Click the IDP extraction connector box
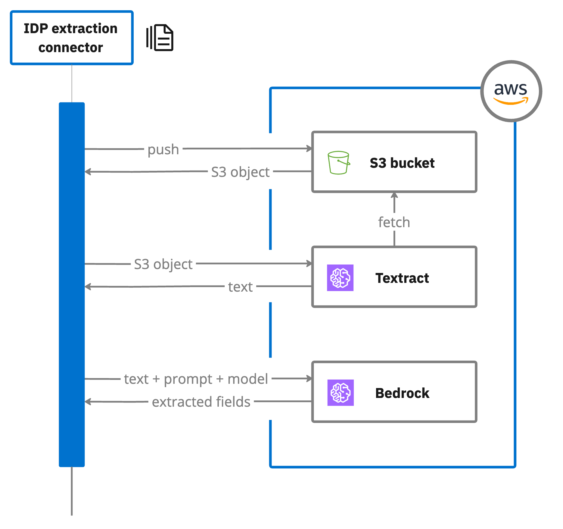[72, 38]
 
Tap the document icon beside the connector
[160, 38]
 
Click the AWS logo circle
[511, 91]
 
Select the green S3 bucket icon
[338, 163]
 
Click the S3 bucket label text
[402, 163]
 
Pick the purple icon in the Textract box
[340, 278]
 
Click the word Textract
[402, 278]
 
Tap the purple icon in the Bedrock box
[341, 393]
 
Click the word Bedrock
[402, 393]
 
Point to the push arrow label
[163, 149]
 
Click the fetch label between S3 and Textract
[394, 222]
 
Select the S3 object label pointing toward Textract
[163, 264]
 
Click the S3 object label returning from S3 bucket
[240, 172]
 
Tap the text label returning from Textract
[240, 287]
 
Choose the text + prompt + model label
[196, 379]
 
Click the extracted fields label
[201, 402]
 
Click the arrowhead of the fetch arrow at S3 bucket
[394, 195]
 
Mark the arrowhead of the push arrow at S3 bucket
[309, 148]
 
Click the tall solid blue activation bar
[72, 284]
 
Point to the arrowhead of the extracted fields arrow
[88, 402]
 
